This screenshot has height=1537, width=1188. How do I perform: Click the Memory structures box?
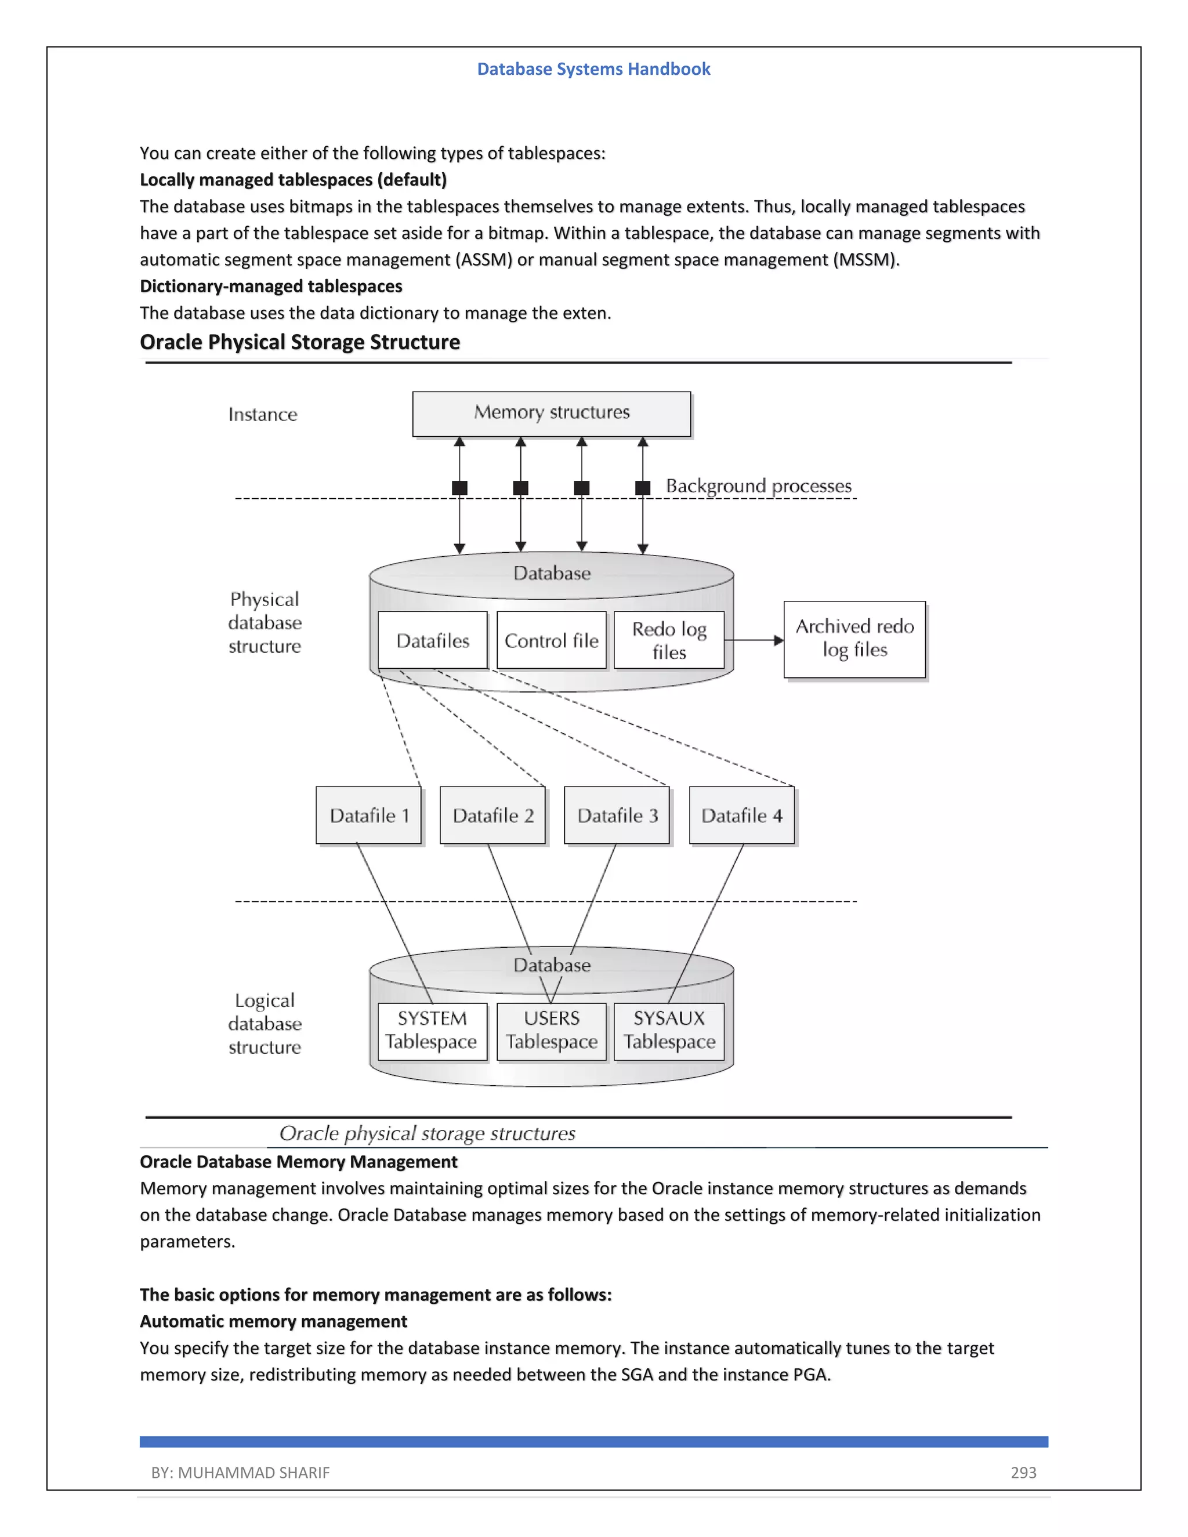(551, 414)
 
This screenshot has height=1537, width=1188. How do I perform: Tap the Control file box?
(551, 640)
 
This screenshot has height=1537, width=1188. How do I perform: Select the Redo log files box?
(669, 640)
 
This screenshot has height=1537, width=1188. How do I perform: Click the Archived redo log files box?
(854, 639)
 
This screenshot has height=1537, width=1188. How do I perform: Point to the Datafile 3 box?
(617, 815)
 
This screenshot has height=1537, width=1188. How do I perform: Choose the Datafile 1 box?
(368, 815)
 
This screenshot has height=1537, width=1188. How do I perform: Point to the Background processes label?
(758, 486)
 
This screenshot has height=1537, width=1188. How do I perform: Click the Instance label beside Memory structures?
(263, 415)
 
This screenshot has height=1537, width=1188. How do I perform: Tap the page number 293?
(1023, 1472)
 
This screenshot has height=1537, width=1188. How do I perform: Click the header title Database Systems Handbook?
(593, 69)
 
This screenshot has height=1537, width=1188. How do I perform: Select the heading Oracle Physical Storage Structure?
(300, 342)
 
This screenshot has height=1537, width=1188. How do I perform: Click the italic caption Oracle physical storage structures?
(427, 1133)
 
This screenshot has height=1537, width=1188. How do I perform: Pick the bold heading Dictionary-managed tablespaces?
(271, 287)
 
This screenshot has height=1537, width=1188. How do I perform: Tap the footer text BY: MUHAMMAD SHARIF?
(240, 1472)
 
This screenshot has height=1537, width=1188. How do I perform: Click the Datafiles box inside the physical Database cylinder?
(432, 640)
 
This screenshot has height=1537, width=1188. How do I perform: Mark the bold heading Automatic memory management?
(273, 1322)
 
